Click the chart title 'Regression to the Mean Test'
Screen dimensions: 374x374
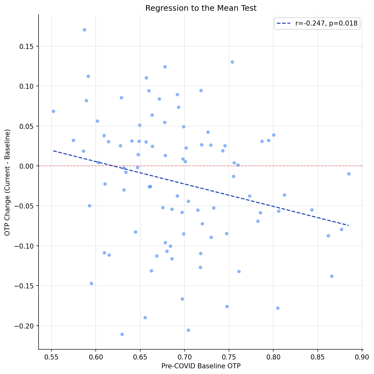point(201,9)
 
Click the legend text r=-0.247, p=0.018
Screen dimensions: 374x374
point(326,23)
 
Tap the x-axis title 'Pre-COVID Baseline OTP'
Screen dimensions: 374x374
point(201,366)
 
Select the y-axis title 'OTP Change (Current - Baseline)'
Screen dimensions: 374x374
point(8,182)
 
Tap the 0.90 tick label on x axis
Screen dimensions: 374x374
point(362,357)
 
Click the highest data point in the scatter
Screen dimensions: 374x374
point(84,30)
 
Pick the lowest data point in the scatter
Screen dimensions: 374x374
point(122,334)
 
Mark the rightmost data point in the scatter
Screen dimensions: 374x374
point(349,174)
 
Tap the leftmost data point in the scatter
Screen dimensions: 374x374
point(53,111)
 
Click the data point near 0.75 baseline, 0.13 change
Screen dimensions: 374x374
point(232,62)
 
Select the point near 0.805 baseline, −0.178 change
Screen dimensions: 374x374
point(278,308)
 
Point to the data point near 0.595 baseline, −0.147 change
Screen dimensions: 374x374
point(91,283)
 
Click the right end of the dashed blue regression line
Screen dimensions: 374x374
point(348,225)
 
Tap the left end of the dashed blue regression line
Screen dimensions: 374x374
point(53,151)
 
